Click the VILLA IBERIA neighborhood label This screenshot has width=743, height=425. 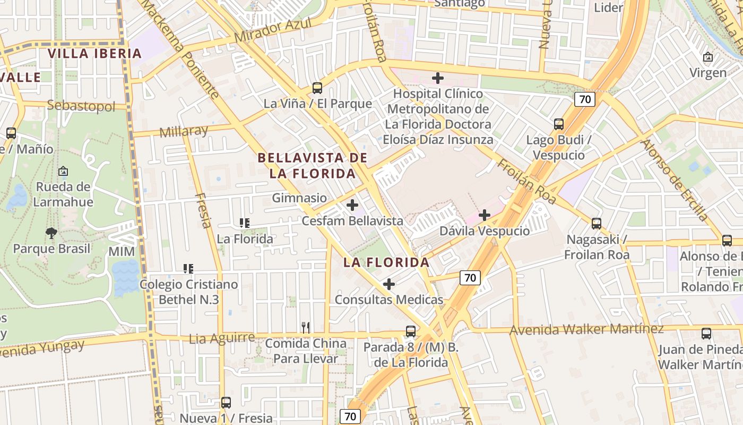(95, 53)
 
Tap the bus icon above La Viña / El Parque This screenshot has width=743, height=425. (317, 88)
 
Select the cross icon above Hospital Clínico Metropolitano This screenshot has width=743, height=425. (438, 78)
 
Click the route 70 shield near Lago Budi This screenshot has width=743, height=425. (584, 99)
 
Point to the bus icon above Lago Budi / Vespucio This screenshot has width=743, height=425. (559, 124)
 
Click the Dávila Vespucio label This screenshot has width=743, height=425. (485, 231)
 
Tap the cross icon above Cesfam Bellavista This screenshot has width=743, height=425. (352, 205)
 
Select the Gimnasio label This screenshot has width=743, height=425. (299, 198)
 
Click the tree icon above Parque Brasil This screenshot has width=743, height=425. (51, 233)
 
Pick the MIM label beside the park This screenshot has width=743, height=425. (121, 251)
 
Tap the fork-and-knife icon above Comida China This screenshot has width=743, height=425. (305, 327)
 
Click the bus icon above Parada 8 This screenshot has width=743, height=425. (411, 331)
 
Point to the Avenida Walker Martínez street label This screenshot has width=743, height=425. (586, 330)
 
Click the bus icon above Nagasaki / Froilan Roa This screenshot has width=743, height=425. (597, 223)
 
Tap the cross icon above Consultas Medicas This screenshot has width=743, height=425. (389, 284)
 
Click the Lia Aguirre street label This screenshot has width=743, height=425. (222, 338)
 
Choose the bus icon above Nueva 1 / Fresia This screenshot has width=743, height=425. (226, 402)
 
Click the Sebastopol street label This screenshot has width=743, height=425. (81, 106)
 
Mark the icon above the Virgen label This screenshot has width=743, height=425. (708, 57)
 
